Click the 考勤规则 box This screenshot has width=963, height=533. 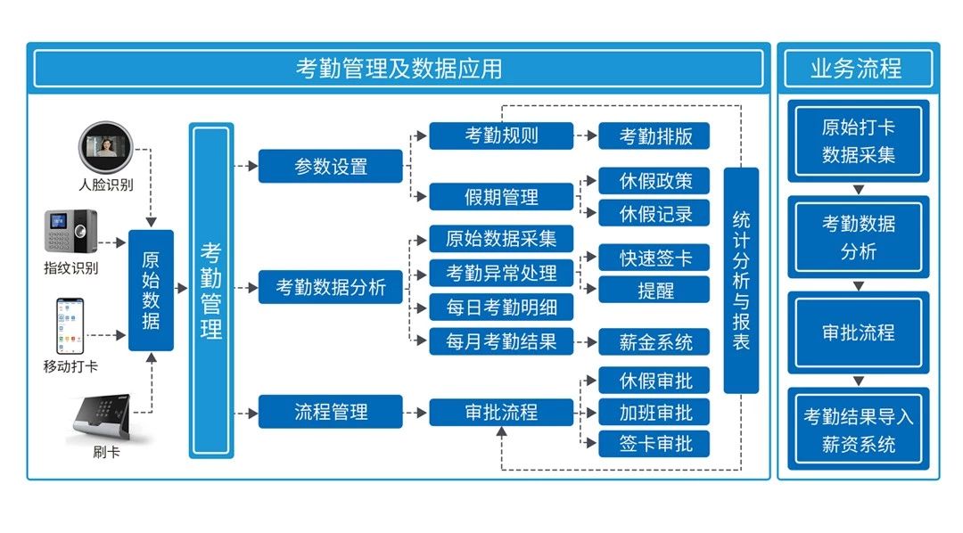(501, 135)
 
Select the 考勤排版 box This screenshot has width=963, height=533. (654, 135)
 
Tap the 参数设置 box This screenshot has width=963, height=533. (331, 167)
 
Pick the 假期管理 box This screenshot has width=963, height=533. (501, 195)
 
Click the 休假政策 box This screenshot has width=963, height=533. (654, 181)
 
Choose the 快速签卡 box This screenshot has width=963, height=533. (654, 258)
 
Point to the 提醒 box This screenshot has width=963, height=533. (654, 289)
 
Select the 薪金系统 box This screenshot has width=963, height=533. (654, 341)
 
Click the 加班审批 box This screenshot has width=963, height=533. (654, 412)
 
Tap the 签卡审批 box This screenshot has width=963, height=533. (654, 443)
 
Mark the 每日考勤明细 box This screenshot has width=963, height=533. (501, 307)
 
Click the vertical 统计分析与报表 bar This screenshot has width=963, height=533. (741, 280)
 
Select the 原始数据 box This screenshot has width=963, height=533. (151, 290)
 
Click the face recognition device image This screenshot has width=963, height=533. (105, 149)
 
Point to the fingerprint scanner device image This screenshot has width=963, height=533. (71, 233)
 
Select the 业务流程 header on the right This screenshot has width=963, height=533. (858, 69)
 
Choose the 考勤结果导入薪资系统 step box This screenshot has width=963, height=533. (858, 430)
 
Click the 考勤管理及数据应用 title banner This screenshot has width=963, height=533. (399, 69)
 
